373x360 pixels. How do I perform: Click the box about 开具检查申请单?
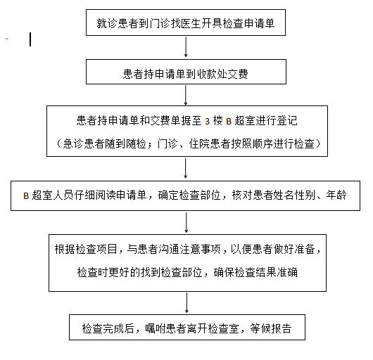[x=186, y=22]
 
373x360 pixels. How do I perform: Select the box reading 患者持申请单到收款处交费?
[x=186, y=72]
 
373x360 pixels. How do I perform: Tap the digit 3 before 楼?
[x=207, y=122]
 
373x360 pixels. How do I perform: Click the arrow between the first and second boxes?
[x=186, y=47]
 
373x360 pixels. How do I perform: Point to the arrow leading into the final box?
[x=186, y=303]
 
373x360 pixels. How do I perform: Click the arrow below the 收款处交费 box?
[x=186, y=95]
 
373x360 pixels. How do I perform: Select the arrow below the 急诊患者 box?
[x=186, y=168]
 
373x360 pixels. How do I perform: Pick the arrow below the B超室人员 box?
[x=186, y=222]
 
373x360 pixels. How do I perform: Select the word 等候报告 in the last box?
[x=271, y=328]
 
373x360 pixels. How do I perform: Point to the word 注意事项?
[x=200, y=249]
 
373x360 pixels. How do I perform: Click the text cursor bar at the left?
[x=30, y=39]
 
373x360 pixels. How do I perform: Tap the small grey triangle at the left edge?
[x=6, y=39]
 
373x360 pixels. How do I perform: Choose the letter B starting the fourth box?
[x=26, y=195]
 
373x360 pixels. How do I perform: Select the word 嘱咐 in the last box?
[x=156, y=328]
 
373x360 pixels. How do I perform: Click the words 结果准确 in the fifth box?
[x=277, y=272]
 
